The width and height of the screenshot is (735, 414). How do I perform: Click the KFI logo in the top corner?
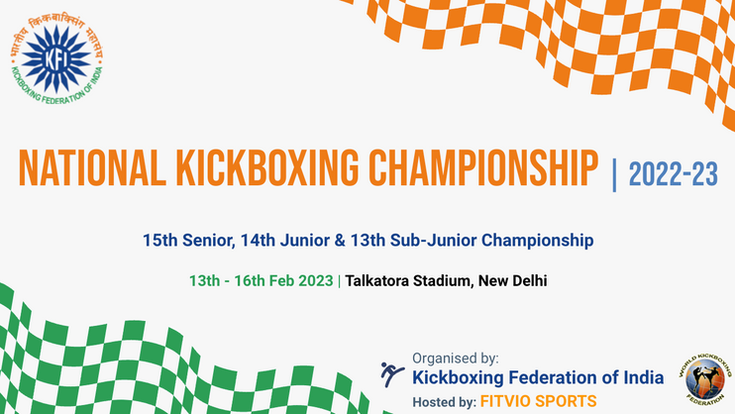point(56,58)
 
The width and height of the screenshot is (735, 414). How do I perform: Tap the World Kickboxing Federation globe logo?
point(704,379)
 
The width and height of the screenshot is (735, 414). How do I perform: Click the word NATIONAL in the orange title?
point(92,168)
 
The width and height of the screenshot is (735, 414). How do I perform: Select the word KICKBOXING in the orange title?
point(267,168)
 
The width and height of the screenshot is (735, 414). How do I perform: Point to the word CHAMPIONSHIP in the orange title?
point(483,168)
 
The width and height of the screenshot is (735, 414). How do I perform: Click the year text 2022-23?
point(674,174)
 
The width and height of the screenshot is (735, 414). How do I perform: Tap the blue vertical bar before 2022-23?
point(614,175)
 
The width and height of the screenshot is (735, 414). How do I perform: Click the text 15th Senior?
point(189,240)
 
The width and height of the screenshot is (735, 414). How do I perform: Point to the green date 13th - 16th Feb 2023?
point(262,281)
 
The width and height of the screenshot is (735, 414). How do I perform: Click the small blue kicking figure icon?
point(391,374)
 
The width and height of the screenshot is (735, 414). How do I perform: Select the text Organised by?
point(456,359)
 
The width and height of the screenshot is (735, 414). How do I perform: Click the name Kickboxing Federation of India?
point(538,377)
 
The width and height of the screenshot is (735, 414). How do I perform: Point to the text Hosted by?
point(445,402)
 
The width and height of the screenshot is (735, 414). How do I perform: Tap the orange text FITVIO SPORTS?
point(539,401)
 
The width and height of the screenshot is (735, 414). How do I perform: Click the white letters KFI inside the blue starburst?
point(56,59)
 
